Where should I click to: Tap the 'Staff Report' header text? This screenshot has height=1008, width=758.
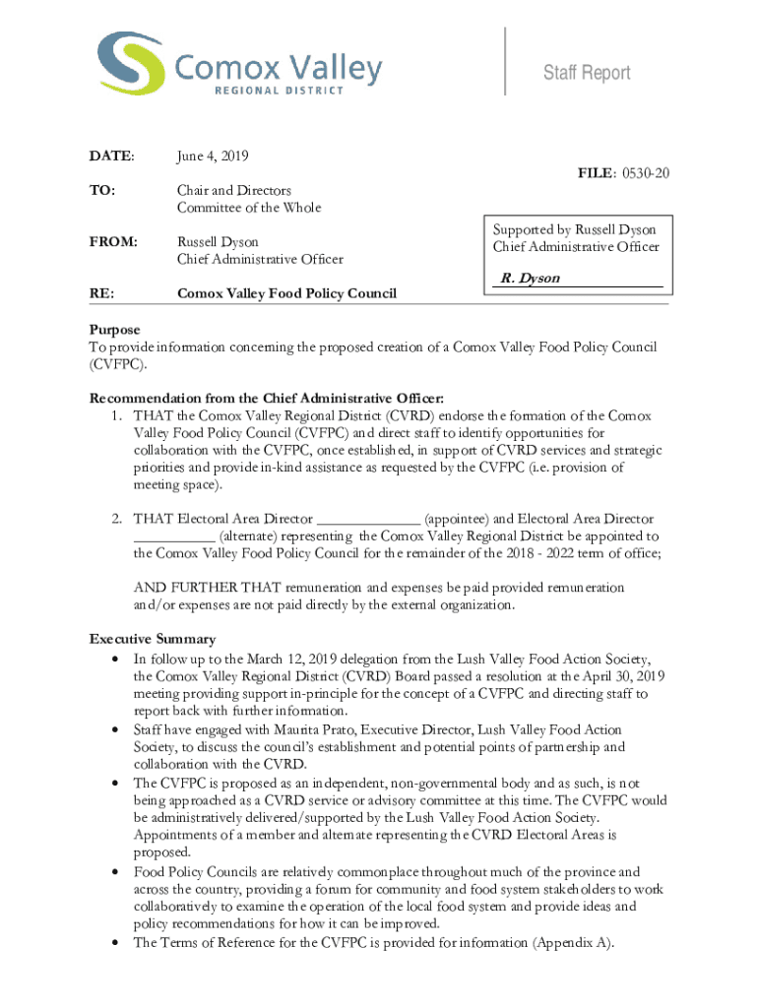point(589,73)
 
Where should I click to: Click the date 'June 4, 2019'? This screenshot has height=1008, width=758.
point(213,156)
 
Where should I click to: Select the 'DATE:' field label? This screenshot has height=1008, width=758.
point(111,156)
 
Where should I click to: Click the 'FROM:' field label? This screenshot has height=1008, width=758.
point(114,241)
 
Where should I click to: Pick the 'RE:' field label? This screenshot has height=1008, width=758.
point(101,293)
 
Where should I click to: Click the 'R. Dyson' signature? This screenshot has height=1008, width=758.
point(530,279)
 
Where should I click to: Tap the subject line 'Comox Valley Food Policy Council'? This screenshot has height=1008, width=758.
point(286,293)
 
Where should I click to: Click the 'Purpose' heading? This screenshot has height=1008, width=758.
point(115,330)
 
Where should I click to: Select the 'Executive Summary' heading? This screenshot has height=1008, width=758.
point(153,639)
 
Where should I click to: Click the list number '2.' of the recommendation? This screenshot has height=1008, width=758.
point(116,519)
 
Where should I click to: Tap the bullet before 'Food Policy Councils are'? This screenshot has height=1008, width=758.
point(118,872)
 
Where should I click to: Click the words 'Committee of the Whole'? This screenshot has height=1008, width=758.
point(249,207)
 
